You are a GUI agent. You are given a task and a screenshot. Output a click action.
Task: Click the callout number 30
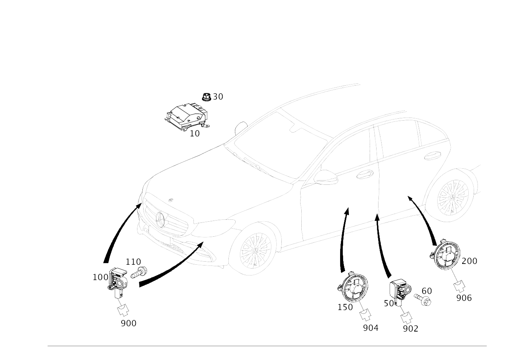tap(218, 97)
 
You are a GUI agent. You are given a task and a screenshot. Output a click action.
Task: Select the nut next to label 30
tap(207, 97)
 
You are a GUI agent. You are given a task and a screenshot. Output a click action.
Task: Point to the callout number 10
tap(195, 133)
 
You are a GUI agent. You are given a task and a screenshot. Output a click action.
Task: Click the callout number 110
tap(133, 262)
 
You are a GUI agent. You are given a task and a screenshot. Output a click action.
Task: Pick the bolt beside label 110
tap(139, 272)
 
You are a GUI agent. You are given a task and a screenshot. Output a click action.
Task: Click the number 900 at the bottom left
tap(129, 323)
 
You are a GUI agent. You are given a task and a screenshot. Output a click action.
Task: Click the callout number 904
tap(370, 328)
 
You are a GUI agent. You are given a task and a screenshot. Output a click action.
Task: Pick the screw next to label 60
tap(422, 299)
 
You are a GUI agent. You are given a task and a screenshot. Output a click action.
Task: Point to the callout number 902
tap(411, 328)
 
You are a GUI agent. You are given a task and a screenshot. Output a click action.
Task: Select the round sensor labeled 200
tap(445, 254)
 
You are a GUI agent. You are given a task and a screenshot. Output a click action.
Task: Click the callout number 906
tap(464, 298)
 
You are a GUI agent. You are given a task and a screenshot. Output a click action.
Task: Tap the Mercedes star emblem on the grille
tap(161, 220)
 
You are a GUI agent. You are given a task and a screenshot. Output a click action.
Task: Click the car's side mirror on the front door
tap(326, 177)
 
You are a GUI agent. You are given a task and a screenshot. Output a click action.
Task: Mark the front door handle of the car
tap(365, 174)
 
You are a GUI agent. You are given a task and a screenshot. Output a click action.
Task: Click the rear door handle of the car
tap(433, 156)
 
